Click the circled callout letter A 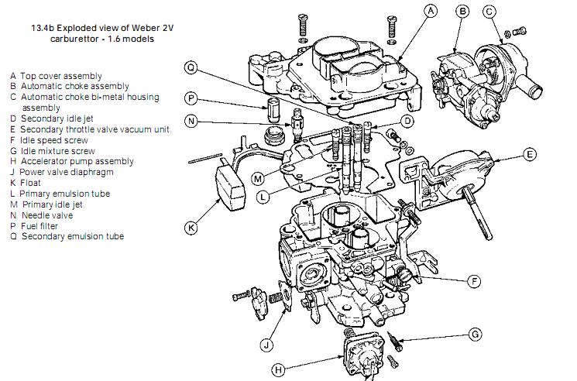coord(432,11)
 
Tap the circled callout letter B coord(462,11)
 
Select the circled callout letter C coord(489,11)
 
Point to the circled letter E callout coord(530,154)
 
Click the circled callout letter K coord(191,228)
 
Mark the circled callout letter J coord(266,343)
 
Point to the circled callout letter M coord(258,180)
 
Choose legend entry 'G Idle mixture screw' coord(53,151)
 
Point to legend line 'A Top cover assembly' coord(54,76)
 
